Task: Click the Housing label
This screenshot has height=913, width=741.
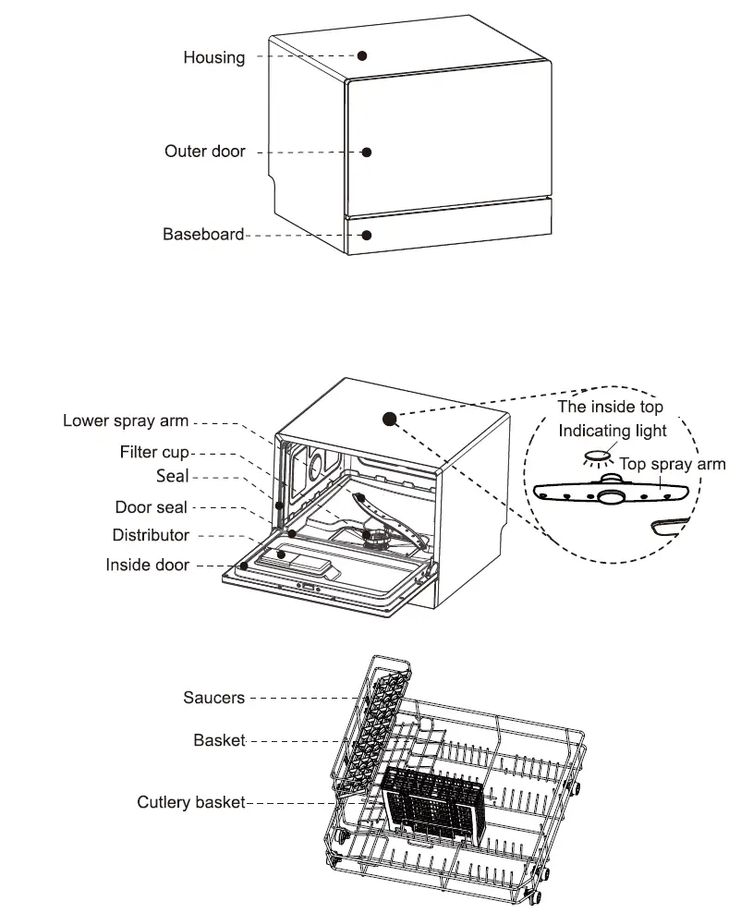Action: pos(213,57)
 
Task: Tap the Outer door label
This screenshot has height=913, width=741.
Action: pos(204,151)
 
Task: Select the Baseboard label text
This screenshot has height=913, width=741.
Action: pos(203,235)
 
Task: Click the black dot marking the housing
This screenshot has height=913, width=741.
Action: pos(363,55)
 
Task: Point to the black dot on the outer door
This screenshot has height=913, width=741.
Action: pos(366,152)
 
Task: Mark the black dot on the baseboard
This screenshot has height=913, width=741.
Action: pos(366,235)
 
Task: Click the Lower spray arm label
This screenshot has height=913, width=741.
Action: pos(126,420)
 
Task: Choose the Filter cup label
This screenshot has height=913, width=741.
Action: pos(154,453)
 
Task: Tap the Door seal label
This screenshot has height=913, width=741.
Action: pos(151,507)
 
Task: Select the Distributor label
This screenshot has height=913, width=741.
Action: pos(151,535)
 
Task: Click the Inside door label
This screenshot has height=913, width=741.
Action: pos(148,564)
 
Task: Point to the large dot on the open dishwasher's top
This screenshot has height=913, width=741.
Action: pos(390,419)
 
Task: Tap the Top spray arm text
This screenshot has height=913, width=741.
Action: pos(672,464)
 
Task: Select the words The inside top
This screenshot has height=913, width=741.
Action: pos(610,407)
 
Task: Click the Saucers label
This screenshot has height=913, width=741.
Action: pos(213,698)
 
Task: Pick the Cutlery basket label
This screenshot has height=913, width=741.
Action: pos(191,802)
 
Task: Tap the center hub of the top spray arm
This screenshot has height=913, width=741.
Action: pos(609,497)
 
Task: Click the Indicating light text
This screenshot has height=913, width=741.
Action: pos(612,432)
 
